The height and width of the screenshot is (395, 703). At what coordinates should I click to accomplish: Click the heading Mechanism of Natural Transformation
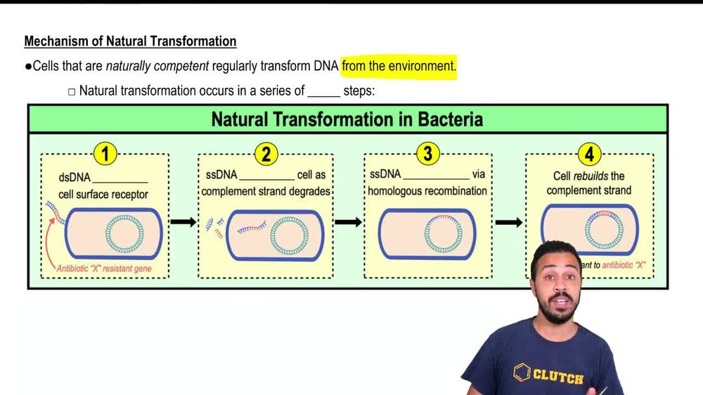coord(130,41)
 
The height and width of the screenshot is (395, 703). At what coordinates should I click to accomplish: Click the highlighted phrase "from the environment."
coord(399,66)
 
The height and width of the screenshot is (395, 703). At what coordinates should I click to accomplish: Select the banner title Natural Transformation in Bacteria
coord(347,119)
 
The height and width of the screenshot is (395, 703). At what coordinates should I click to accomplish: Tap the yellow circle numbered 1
coord(105,154)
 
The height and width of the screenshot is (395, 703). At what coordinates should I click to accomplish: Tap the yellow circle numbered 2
coord(266,154)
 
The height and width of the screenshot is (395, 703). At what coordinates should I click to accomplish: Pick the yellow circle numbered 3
coord(427,154)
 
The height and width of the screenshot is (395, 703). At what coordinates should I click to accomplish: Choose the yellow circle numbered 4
coord(589,154)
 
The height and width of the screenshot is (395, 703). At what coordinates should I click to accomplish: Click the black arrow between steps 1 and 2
coord(183,222)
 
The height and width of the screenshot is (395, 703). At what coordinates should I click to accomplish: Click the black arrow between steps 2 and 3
coord(348,222)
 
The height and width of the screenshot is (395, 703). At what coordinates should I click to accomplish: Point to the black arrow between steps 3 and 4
coord(509,222)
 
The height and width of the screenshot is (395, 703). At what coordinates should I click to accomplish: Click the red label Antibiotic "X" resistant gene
coord(104,268)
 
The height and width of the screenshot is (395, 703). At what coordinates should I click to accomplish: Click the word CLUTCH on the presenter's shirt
coord(557,377)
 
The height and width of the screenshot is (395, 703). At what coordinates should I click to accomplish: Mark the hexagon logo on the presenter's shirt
coord(521,372)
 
